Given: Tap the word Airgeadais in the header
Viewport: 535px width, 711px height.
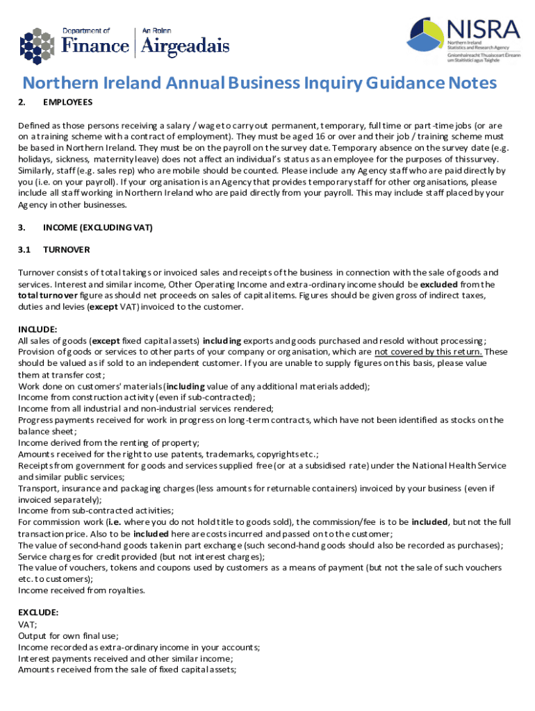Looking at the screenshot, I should [x=185, y=46].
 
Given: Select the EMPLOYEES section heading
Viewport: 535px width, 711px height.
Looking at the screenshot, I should [x=67, y=103].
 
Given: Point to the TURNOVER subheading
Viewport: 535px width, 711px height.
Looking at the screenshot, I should [x=66, y=249].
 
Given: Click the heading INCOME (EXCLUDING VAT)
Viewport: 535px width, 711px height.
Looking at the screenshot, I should [x=97, y=227].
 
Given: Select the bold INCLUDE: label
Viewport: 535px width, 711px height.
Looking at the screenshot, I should [x=38, y=330].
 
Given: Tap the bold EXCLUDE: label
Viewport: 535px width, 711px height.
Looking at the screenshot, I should [x=38, y=613].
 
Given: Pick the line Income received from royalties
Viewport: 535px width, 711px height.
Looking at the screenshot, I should [x=81, y=590].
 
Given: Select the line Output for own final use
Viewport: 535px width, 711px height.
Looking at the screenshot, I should [x=68, y=635].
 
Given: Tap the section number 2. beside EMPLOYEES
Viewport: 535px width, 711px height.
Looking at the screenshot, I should [x=22, y=103].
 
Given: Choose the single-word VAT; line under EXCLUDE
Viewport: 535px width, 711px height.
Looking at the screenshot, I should [x=28, y=624].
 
